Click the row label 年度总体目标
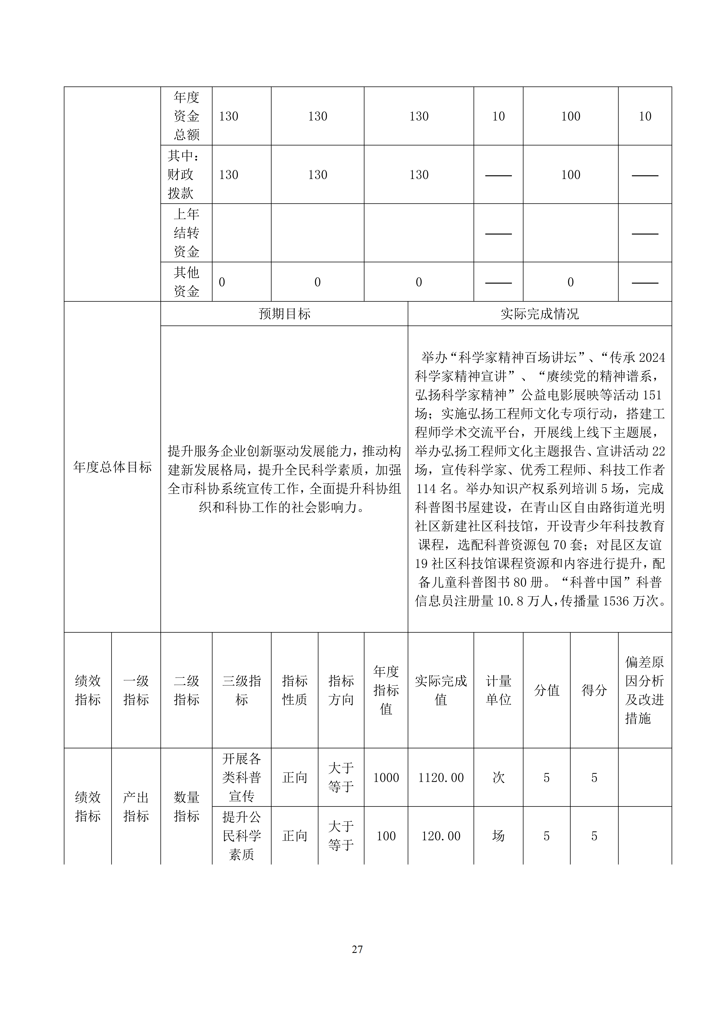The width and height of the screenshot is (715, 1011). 112,467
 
